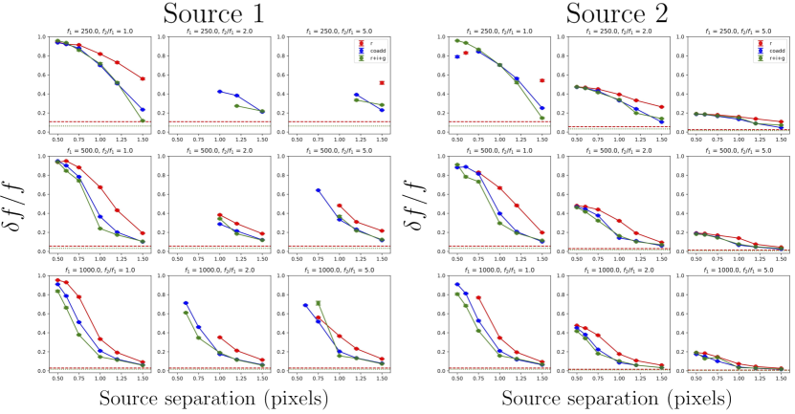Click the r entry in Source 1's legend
[362, 44]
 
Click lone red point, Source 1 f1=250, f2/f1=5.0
[382, 83]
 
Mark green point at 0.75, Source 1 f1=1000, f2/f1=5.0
[318, 303]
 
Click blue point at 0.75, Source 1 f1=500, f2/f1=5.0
[318, 190]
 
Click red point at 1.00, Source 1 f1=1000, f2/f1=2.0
[220, 338]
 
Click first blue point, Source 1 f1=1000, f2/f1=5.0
[305, 306]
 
